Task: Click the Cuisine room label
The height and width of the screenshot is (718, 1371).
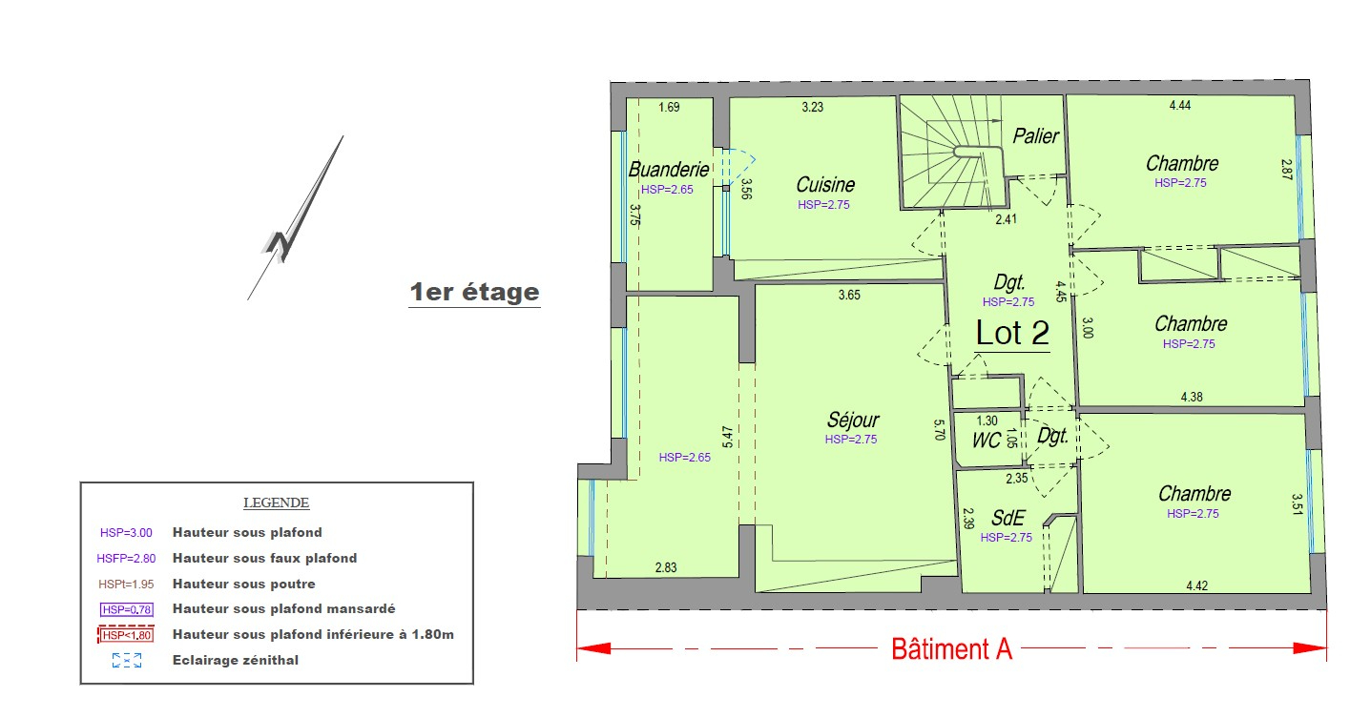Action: (x=825, y=185)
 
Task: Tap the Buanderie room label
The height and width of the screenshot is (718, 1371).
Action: (x=669, y=170)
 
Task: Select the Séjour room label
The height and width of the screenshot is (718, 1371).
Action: (x=853, y=421)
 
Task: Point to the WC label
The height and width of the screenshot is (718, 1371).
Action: (x=986, y=441)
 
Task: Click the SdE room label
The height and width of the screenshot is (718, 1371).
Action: (x=1007, y=519)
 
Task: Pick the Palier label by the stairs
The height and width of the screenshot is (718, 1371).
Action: (x=1035, y=135)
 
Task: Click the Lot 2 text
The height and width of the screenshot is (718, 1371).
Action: (x=1012, y=334)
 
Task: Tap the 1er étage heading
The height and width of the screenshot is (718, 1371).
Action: (x=474, y=293)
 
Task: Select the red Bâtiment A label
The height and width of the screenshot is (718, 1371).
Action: (x=952, y=649)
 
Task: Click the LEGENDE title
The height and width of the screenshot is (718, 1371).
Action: (x=276, y=503)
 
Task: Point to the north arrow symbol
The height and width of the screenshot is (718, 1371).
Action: (x=295, y=217)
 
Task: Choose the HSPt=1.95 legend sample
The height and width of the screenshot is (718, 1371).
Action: (x=126, y=585)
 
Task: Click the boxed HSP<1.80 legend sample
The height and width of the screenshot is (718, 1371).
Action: (x=126, y=635)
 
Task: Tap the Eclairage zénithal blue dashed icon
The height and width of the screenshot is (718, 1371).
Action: (x=127, y=661)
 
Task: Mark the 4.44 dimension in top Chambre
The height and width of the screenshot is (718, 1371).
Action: (x=1180, y=105)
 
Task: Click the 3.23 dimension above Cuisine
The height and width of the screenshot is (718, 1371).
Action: (x=813, y=107)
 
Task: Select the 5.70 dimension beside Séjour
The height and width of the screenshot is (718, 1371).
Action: (x=940, y=430)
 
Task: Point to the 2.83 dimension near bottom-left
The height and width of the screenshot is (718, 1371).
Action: (x=666, y=567)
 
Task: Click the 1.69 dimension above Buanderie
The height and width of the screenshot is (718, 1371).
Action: (x=669, y=108)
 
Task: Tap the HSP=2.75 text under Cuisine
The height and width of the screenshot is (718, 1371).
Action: (x=823, y=205)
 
